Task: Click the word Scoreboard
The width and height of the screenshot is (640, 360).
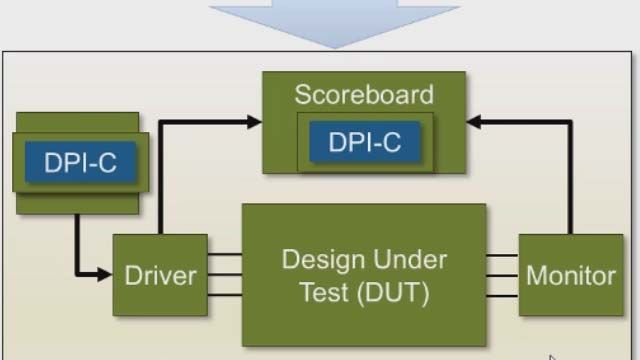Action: pos(364,95)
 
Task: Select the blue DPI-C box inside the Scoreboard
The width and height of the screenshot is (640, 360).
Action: pos(364,143)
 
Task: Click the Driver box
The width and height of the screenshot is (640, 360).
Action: pos(160,275)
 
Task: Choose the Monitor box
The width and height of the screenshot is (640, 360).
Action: pos(571,275)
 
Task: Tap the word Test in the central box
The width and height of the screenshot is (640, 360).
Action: pos(323,294)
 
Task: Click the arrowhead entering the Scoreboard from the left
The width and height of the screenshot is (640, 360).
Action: pos(254,122)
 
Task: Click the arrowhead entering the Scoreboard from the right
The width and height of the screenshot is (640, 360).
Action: pos(475,122)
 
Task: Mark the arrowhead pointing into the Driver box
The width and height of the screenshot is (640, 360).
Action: pos(104,274)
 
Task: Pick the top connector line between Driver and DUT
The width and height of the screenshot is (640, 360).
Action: pos(225,256)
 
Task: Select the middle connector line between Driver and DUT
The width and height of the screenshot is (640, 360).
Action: pos(225,275)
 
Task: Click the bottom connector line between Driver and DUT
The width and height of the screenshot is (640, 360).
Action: pos(225,295)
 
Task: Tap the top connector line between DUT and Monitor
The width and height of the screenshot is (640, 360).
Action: pos(502,256)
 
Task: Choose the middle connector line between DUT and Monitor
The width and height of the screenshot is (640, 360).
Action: pos(502,275)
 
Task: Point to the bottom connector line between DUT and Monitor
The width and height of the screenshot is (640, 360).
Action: pos(502,295)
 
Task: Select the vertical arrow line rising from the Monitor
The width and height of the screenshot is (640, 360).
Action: pos(571,180)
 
